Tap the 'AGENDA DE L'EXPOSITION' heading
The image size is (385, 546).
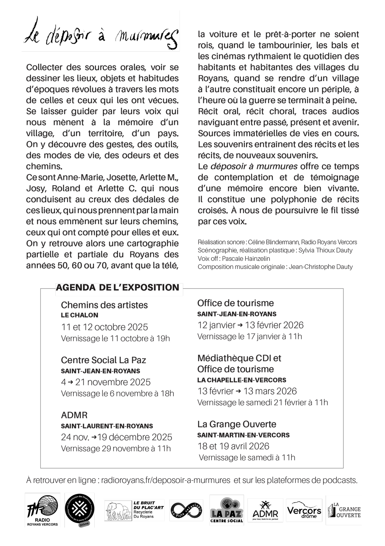(x=118, y=288)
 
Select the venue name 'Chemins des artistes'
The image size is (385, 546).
(x=104, y=305)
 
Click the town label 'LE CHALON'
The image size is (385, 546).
(x=79, y=315)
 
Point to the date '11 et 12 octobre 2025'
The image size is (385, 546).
(x=105, y=327)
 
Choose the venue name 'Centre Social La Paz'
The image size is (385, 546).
(x=103, y=360)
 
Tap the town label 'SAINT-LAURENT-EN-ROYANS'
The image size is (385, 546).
(x=107, y=426)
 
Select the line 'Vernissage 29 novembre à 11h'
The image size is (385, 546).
(x=116, y=448)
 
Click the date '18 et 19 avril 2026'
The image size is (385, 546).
(x=233, y=446)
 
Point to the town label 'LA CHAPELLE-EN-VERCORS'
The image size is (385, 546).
(x=241, y=380)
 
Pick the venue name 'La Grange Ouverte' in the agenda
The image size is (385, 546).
(x=237, y=424)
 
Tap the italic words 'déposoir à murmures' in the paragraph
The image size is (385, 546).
(x=254, y=166)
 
